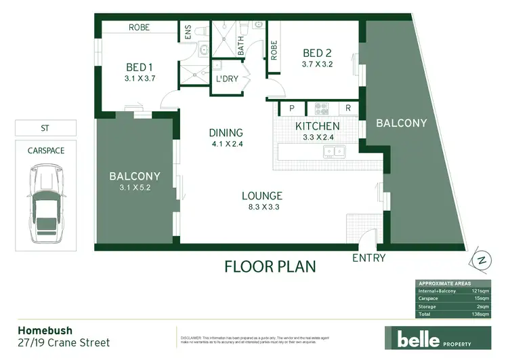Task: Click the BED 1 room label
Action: tap(141, 67)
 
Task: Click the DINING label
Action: tap(226, 133)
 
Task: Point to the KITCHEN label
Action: tap(318, 126)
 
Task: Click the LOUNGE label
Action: tap(261, 197)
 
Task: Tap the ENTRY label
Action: tap(369, 258)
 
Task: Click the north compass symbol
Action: tap(482, 260)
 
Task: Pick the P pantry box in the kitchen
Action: tap(292, 108)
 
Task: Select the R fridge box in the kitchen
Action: tap(347, 108)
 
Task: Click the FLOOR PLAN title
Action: tap(270, 265)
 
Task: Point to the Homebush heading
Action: tap(41, 332)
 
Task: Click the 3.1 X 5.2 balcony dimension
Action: tap(134, 187)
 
